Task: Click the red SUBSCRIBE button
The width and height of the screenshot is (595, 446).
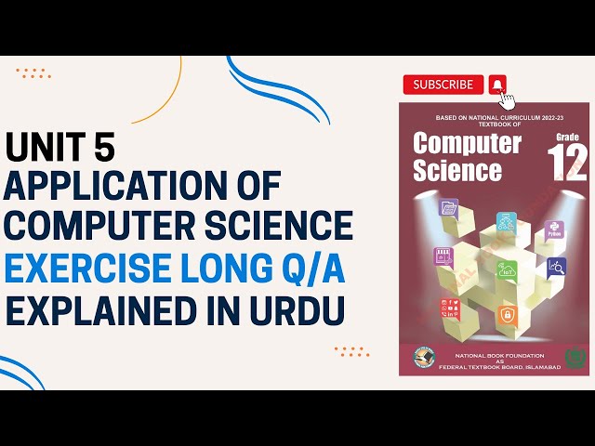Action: pos(443,85)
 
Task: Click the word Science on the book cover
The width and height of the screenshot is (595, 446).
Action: pos(456,171)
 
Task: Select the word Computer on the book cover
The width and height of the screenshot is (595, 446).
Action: pos(467,143)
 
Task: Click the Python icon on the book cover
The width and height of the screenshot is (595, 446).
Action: pos(553,229)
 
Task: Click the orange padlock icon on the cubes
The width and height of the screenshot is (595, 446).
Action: pos(507,316)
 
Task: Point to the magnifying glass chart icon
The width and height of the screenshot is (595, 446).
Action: pos(557,268)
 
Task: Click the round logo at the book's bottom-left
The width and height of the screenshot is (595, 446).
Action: pos(421,359)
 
